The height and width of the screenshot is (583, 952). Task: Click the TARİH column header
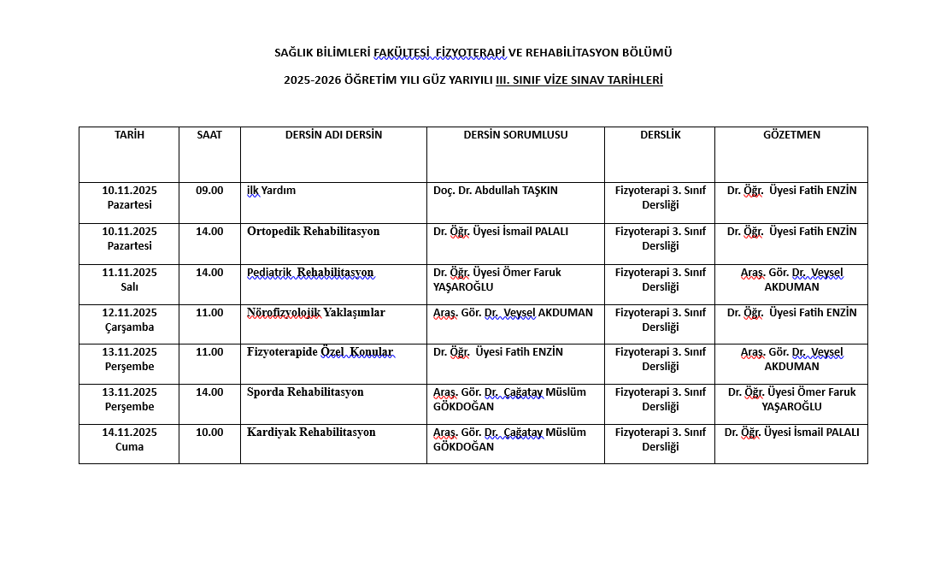point(129,135)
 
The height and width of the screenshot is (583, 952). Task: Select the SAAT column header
point(209,135)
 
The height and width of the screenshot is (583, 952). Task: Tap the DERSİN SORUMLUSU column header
point(515,135)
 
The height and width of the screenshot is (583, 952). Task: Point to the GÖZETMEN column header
point(791,135)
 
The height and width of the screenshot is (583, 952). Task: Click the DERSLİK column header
point(660,135)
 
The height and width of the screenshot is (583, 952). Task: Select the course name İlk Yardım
point(271,191)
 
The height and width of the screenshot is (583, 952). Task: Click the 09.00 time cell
point(209,191)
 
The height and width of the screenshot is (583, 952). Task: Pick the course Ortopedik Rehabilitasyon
point(313,232)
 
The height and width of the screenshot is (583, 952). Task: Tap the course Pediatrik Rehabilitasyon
point(310,273)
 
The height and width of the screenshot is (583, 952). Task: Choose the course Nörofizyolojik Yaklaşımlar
point(315,313)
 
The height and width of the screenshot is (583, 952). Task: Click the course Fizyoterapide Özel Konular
point(320,352)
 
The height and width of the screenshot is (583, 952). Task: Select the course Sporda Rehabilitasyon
point(305,392)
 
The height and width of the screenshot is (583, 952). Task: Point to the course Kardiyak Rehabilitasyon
point(311,433)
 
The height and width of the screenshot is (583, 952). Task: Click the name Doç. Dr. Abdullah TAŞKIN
point(495,191)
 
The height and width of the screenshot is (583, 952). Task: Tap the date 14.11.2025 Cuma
point(129,439)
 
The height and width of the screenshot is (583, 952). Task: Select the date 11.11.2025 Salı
point(129,280)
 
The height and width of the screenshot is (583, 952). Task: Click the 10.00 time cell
point(209,433)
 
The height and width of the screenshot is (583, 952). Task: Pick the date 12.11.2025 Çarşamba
point(129,320)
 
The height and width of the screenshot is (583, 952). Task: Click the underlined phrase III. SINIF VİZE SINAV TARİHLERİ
point(579,80)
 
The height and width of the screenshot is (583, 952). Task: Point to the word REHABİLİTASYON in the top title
point(573,53)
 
